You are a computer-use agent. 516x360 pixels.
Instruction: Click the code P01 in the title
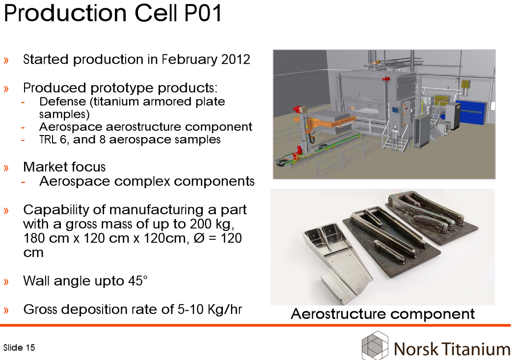click(203, 13)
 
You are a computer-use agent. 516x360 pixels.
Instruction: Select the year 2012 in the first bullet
click(236, 59)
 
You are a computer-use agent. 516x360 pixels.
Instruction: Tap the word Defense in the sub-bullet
click(62, 101)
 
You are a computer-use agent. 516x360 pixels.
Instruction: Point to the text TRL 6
click(53, 139)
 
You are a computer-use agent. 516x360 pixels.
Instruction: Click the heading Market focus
click(64, 167)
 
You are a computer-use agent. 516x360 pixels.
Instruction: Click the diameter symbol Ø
click(199, 238)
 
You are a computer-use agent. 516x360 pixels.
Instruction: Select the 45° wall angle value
click(138, 281)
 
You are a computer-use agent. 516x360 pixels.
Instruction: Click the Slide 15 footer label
click(19, 348)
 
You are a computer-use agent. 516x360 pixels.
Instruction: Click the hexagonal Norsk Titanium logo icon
click(375, 346)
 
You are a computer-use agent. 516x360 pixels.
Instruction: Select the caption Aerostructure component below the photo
click(383, 314)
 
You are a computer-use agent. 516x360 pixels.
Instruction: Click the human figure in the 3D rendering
click(394, 138)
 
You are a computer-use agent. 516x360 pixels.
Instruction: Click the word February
click(190, 60)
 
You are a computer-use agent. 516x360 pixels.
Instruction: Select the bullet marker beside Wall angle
click(6, 282)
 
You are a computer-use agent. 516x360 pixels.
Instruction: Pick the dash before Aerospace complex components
click(23, 182)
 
